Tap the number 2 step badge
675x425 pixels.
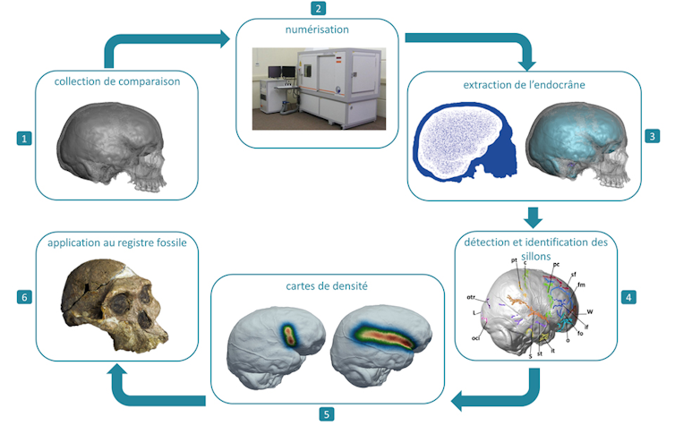(317, 8)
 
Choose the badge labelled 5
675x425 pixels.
(327, 413)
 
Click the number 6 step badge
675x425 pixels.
(24, 294)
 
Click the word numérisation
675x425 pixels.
(317, 30)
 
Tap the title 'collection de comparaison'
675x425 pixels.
(116, 82)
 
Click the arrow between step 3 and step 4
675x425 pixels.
(534, 217)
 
